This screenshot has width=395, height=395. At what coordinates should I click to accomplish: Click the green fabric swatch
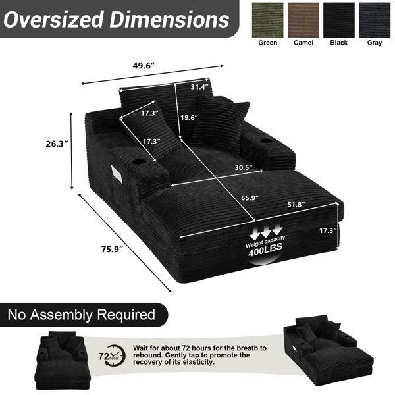click(267, 20)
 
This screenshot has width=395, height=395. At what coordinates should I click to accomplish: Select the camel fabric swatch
click(303, 20)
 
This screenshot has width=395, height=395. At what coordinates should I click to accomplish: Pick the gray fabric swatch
click(375, 20)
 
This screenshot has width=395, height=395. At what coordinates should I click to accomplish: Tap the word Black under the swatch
click(339, 43)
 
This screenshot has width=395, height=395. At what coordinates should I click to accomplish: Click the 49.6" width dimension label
click(144, 66)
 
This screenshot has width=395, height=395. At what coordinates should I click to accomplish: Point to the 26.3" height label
click(57, 144)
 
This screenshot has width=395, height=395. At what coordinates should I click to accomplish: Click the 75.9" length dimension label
click(112, 249)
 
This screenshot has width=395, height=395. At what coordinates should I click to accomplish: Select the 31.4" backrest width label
click(199, 87)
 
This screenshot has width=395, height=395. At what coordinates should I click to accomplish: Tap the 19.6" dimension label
click(189, 117)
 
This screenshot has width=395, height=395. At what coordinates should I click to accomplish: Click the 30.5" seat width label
click(244, 167)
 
